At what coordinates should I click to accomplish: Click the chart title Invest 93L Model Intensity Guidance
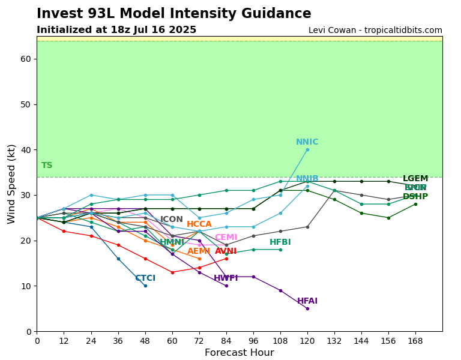pos(173,14)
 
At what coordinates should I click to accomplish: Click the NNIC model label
pos(307,142)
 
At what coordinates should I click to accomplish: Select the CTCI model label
pos(145,278)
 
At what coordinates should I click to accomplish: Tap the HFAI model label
pos(307,301)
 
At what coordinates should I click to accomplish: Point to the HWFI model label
pos(226,278)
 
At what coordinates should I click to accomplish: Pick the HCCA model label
pos(199,224)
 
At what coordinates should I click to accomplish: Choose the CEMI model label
pos(226,238)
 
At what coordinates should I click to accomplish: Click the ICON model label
pos(172,220)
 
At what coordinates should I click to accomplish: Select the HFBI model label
pos(280,242)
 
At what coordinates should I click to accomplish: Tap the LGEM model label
pos(415,179)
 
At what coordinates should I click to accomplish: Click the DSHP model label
pos(415,197)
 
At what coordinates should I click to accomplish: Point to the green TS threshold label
pos(47,166)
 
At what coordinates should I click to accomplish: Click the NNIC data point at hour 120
pos(307,149)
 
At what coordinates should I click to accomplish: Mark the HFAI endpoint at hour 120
pos(307,308)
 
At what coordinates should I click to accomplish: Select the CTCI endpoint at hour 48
pos(145,286)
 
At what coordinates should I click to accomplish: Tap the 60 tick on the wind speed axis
pos(26,59)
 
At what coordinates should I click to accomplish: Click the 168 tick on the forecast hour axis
pos(415,340)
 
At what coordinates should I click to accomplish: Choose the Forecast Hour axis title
pos(239,353)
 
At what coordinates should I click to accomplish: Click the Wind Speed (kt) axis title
pos(12,184)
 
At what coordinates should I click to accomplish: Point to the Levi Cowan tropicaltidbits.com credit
pos(375,31)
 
